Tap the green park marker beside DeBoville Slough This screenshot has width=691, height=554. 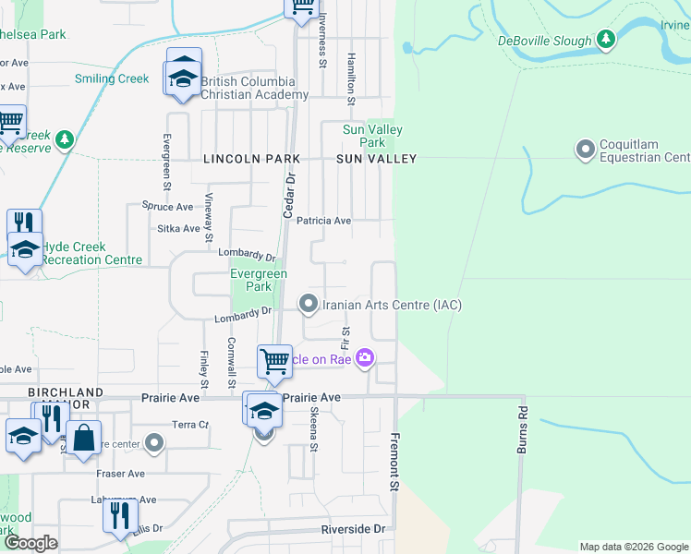(606, 39)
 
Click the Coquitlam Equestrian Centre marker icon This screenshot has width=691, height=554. (585, 149)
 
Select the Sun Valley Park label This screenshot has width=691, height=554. (372, 137)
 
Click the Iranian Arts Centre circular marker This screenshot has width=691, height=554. (308, 303)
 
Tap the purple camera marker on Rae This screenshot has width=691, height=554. (365, 358)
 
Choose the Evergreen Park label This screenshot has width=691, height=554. (259, 280)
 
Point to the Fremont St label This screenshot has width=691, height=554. (394, 462)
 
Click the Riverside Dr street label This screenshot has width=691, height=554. (352, 529)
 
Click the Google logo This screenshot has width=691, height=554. (30, 543)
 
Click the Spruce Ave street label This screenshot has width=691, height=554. (167, 207)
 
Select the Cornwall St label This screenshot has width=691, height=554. (231, 362)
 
